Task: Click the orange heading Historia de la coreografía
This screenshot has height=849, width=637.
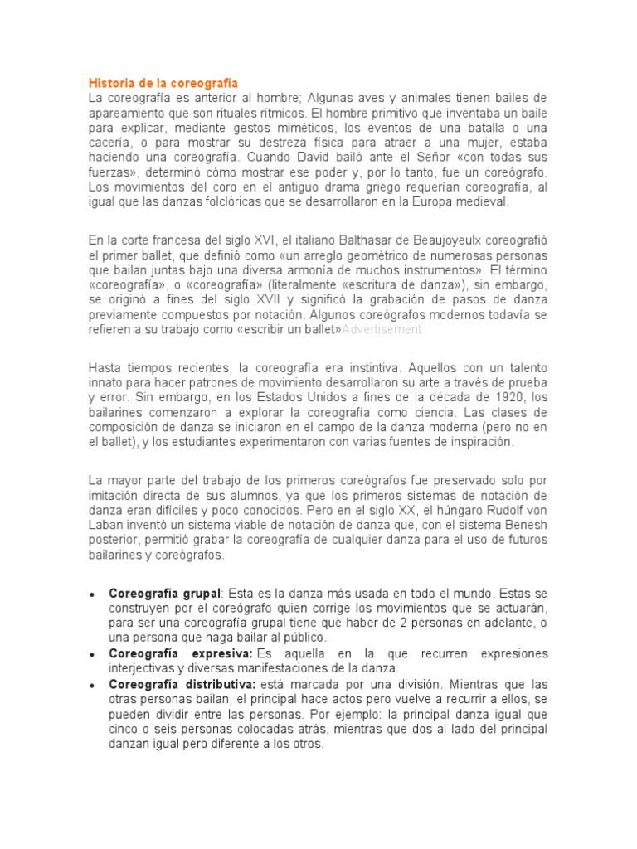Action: (x=163, y=83)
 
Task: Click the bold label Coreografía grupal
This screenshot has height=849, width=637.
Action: (x=164, y=593)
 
